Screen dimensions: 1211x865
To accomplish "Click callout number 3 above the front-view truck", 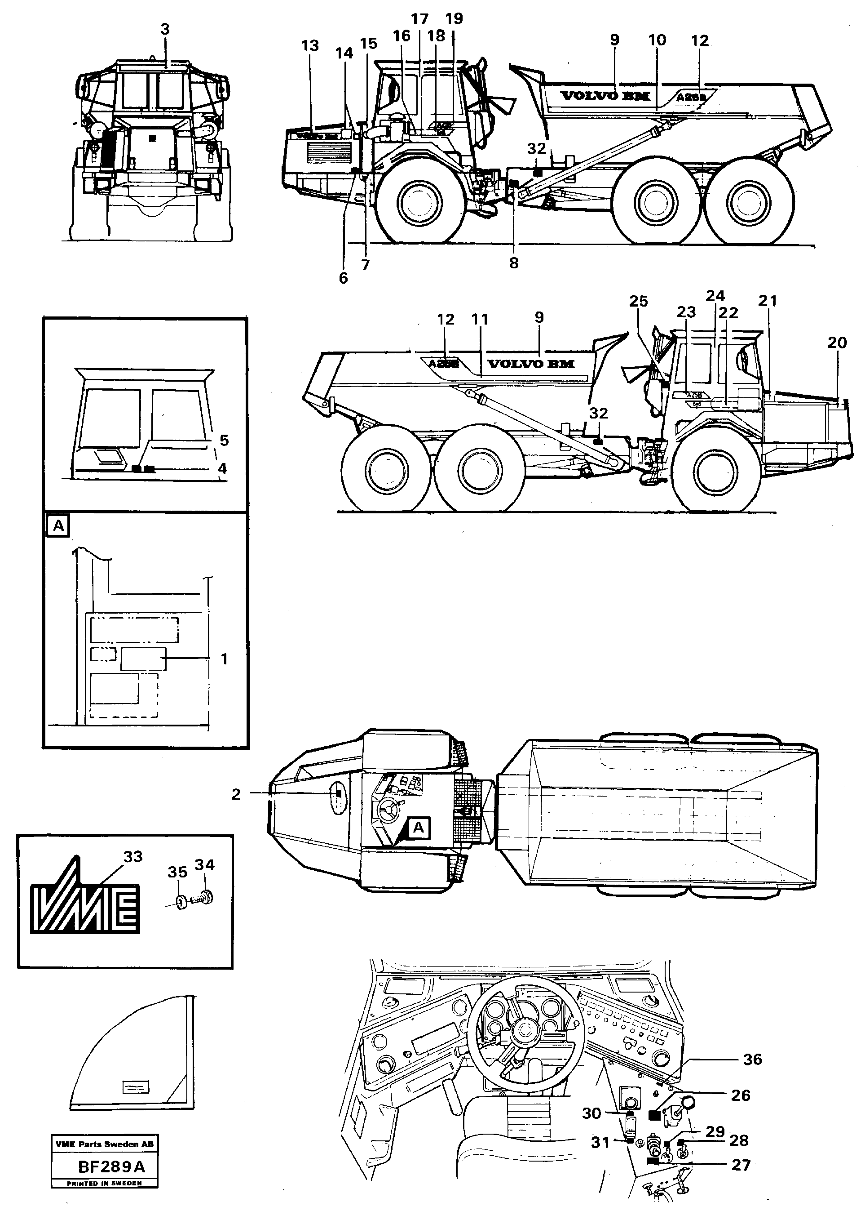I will tap(165, 30).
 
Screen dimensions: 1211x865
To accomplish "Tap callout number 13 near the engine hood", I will tap(310, 46).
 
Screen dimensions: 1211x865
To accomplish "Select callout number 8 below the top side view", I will tap(513, 263).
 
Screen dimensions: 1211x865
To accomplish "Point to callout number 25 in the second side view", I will tap(638, 302).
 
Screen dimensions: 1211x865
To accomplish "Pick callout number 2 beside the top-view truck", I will tap(236, 794).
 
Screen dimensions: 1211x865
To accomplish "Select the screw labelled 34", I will tap(206, 898).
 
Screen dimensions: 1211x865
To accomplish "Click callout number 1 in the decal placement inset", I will tap(224, 659).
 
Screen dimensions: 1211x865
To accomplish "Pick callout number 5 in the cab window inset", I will tap(224, 440).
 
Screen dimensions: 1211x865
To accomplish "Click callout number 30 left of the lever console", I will tap(591, 1113).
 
